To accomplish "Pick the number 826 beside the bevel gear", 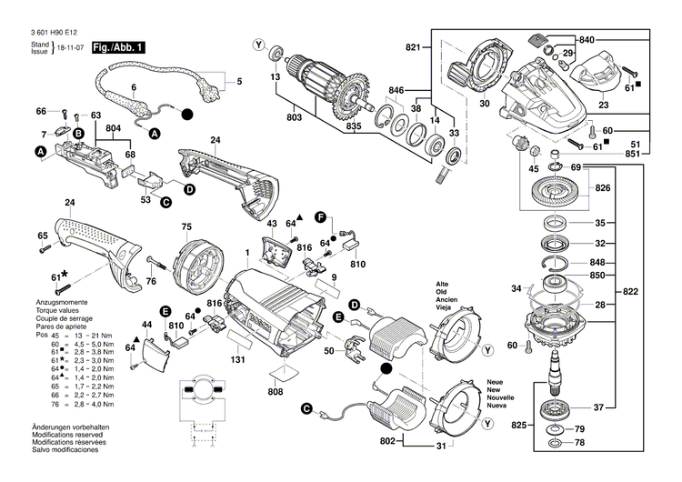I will click(x=602, y=188).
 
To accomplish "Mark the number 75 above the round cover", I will click(x=186, y=226).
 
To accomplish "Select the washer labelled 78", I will click(x=554, y=444).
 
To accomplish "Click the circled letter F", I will click(x=320, y=217).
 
